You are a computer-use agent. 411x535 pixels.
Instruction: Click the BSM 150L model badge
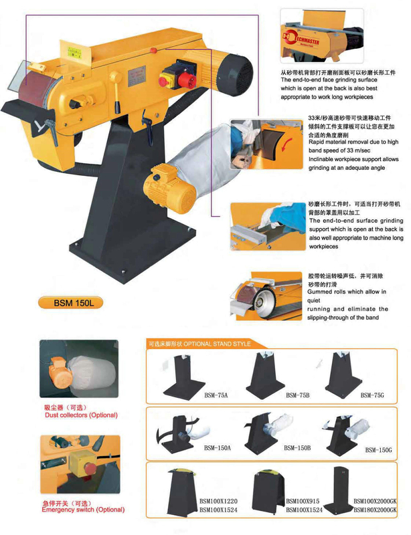[75, 302]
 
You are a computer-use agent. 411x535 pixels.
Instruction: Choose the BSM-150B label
[297, 448]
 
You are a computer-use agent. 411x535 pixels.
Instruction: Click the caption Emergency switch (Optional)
[82, 510]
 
